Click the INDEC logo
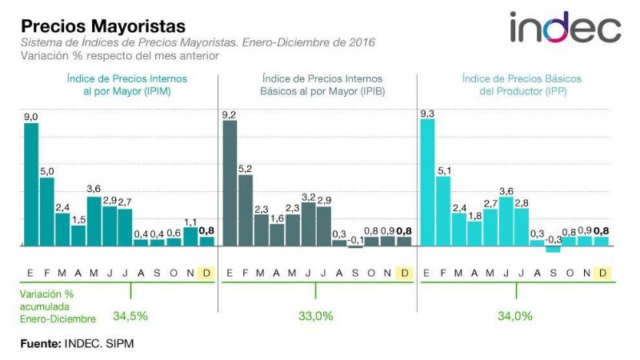click(565, 28)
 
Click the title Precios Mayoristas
click(103, 28)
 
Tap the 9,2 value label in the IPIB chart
click(230, 115)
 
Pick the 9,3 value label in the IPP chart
click(427, 114)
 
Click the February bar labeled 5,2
click(246, 210)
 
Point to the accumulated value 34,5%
click(130, 316)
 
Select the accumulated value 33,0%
click(315, 316)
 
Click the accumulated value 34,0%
click(514, 316)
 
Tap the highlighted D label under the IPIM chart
click(206, 273)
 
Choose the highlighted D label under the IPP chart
click(602, 273)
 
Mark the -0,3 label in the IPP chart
click(554, 239)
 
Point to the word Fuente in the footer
click(40, 345)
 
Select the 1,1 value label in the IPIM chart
click(190, 222)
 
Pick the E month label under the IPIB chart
click(230, 273)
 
